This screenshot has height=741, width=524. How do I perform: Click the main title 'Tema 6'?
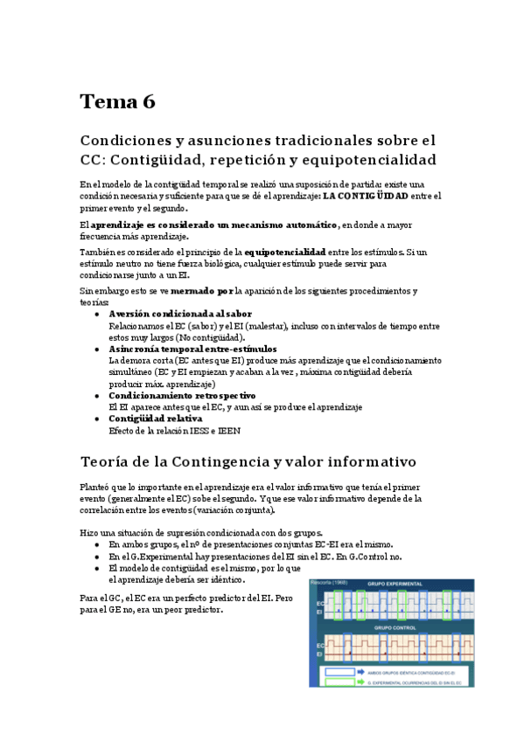(x=117, y=101)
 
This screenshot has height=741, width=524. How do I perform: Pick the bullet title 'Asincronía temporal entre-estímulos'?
(x=192, y=349)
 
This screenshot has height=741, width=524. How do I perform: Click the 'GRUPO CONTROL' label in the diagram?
(x=396, y=627)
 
